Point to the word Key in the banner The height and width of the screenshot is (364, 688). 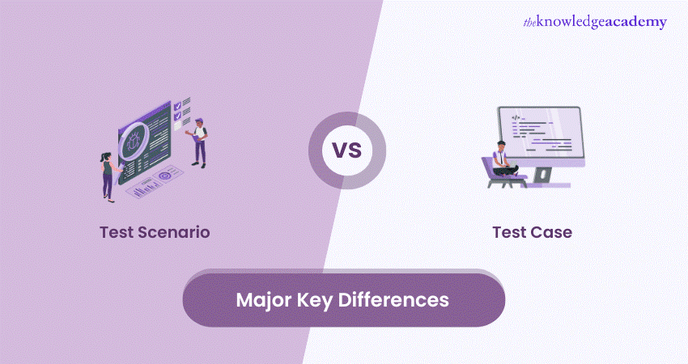pyautogui.click(x=319, y=300)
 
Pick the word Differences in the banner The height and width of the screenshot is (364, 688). pyautogui.click(x=396, y=300)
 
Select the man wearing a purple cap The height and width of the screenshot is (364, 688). pyautogui.click(x=200, y=139)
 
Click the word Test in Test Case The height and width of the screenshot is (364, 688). pyautogui.click(x=508, y=232)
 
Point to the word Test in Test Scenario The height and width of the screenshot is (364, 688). pyautogui.click(x=117, y=232)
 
